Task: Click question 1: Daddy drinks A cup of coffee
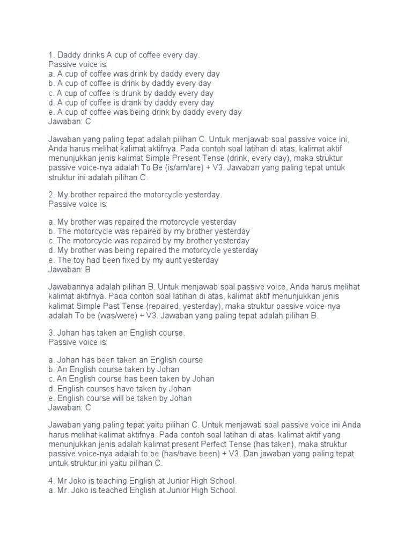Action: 124,55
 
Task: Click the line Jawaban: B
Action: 70,270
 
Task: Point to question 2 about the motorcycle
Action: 135,195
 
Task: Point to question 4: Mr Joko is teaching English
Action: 142,481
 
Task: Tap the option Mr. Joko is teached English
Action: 142,491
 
